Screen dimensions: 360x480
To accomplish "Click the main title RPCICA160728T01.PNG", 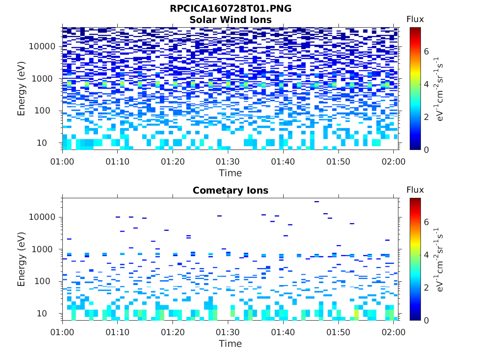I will point(230,8).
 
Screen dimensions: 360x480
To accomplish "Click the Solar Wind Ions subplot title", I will point(230,20).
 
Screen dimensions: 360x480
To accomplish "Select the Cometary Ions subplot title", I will point(230,190).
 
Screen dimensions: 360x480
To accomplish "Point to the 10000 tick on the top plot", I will point(43,46).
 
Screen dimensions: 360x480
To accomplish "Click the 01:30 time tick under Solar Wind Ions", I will point(228,162).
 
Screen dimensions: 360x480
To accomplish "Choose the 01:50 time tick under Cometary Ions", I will point(338,332).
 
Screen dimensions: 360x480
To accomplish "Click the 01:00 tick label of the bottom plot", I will point(62,332).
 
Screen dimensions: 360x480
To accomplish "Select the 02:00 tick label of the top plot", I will point(394,162).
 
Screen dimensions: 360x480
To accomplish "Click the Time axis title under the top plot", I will point(230,173).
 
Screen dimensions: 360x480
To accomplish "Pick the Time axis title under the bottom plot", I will point(230,344).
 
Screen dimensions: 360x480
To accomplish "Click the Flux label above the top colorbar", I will point(415,19).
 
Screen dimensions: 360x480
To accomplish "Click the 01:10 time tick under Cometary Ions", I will point(118,332).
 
